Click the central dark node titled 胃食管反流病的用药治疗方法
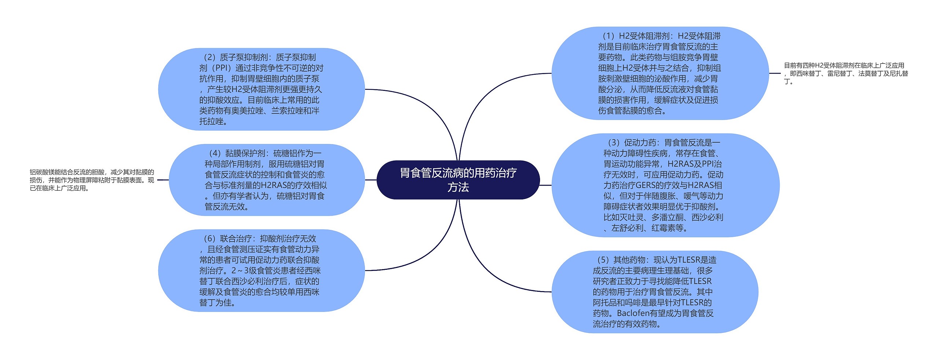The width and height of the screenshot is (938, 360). point(458,180)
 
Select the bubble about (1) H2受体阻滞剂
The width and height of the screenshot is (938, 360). point(660,73)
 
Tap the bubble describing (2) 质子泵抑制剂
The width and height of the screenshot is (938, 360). point(261,89)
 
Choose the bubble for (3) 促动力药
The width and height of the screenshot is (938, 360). point(665,185)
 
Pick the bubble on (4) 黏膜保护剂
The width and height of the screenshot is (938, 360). point(266,180)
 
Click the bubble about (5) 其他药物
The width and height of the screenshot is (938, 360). point(654,292)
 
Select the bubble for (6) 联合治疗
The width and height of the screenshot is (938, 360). point(261,271)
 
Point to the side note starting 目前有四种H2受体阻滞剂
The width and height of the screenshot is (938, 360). point(846,73)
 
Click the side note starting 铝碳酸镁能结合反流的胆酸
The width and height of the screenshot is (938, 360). point(92,180)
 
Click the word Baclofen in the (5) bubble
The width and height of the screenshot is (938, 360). point(633,313)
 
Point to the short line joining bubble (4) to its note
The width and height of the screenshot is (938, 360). point(163,180)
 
